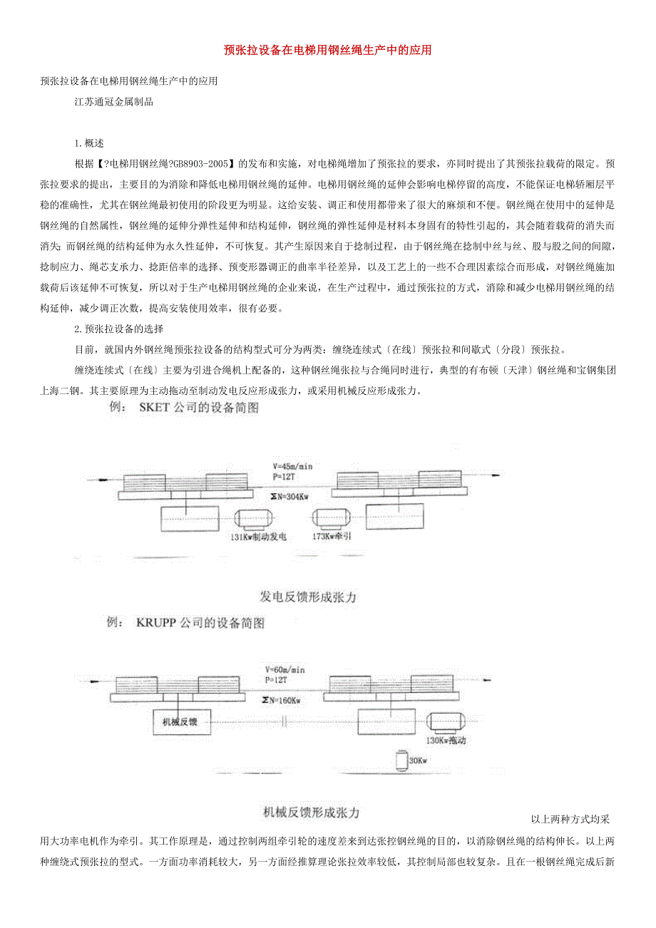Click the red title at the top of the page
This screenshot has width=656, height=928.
pos(327,51)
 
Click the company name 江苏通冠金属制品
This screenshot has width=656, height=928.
pos(114,102)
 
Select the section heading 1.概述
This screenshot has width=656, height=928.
pos(89,143)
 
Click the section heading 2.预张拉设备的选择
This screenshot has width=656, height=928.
pos(119,329)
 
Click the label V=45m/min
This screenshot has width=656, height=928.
pos(287,467)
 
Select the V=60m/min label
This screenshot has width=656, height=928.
pos(284,670)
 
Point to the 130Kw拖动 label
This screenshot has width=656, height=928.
pos(446,741)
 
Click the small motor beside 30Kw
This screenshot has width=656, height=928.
pos(400,761)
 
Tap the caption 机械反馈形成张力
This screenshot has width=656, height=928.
pos(310,812)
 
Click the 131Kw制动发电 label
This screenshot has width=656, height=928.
pos(257,537)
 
